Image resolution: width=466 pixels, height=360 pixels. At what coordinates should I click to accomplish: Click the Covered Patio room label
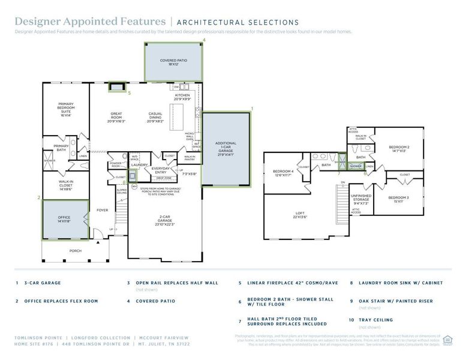(x=173, y=62)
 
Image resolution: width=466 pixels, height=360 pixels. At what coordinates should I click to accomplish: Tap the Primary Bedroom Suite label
(x=65, y=109)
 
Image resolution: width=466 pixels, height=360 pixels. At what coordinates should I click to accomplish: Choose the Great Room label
(x=116, y=116)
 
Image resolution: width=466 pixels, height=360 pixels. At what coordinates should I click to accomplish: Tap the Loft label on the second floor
(x=300, y=215)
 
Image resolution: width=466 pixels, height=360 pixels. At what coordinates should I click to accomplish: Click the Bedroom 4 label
(x=284, y=173)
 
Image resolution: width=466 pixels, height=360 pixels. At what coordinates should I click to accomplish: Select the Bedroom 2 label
(x=399, y=149)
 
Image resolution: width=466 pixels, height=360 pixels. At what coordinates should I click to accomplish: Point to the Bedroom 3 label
(x=398, y=199)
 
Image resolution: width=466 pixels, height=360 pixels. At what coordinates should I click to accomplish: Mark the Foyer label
(x=102, y=210)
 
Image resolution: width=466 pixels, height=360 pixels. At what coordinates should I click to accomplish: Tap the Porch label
(x=75, y=251)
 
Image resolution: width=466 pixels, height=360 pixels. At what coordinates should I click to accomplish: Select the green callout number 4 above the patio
(x=204, y=40)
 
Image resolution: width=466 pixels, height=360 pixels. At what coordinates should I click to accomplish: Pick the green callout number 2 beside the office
(x=38, y=197)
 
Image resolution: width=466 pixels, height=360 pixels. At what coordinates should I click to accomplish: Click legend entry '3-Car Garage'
(x=43, y=283)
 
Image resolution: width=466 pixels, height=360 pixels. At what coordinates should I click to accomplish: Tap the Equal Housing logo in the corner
(x=447, y=340)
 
